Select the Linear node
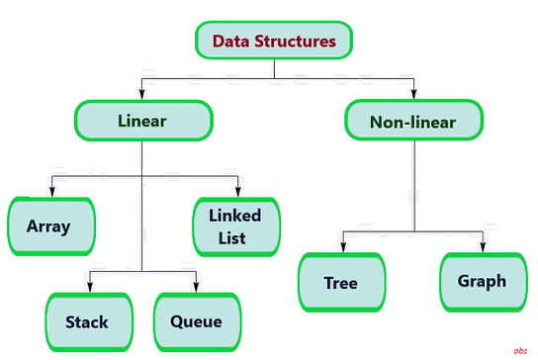click(x=142, y=121)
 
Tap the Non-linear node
click(x=413, y=122)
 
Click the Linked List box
click(x=233, y=225)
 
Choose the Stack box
click(x=87, y=320)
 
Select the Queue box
click(x=196, y=320)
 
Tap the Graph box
click(x=482, y=280)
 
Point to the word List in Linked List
click(x=233, y=238)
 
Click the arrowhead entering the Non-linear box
click(x=413, y=97)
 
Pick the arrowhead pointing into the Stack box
click(x=90, y=288)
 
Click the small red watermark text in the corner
click(x=520, y=351)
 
